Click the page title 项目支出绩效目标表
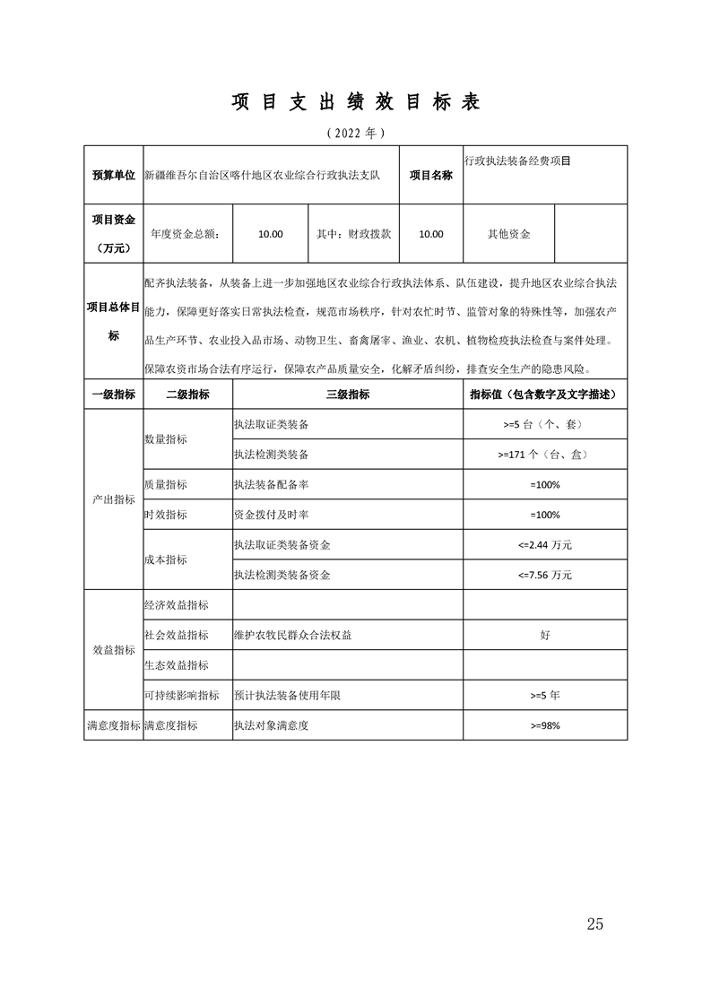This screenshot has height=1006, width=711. point(356,102)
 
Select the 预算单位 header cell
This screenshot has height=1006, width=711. point(113,175)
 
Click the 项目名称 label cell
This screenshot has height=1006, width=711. point(431,175)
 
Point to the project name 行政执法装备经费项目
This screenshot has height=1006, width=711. point(517,160)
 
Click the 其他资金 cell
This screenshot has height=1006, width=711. point(508,234)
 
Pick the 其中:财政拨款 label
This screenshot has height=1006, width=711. point(354,234)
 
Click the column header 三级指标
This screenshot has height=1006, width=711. point(347,395)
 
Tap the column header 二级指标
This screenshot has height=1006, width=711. point(187,395)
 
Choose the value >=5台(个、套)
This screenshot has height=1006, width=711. point(544,424)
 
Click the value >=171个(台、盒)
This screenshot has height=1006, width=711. point(544,455)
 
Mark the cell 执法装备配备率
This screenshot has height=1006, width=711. point(271,484)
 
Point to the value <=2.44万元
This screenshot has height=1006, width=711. point(544,544)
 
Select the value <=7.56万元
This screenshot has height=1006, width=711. point(544,575)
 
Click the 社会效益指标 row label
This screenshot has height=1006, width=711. point(177,635)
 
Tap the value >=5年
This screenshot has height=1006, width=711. point(544,695)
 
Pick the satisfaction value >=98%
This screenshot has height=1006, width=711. point(544,725)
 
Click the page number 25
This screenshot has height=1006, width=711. point(594,924)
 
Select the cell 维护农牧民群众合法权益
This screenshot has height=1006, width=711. point(292,635)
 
